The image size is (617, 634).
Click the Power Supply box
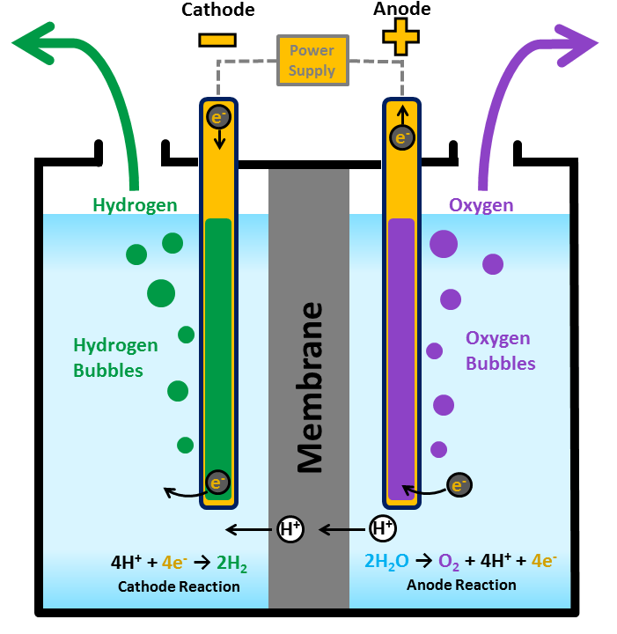[x=312, y=60]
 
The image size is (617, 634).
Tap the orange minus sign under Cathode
[x=217, y=40]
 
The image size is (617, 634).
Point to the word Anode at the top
[x=402, y=10]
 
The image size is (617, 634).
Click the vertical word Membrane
[x=310, y=387]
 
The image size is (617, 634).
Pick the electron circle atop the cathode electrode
[x=217, y=116]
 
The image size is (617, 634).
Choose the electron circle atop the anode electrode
[x=402, y=136]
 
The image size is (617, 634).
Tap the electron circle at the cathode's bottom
[x=217, y=482]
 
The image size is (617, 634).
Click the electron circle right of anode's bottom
[x=459, y=483]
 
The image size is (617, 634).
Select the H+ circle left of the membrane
[x=290, y=529]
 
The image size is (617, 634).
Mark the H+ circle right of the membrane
[x=383, y=528]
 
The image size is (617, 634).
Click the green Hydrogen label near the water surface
[x=135, y=205]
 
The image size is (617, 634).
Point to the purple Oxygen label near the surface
[x=481, y=205]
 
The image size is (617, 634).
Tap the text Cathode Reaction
[x=179, y=586]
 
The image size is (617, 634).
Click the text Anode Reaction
[x=461, y=585]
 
